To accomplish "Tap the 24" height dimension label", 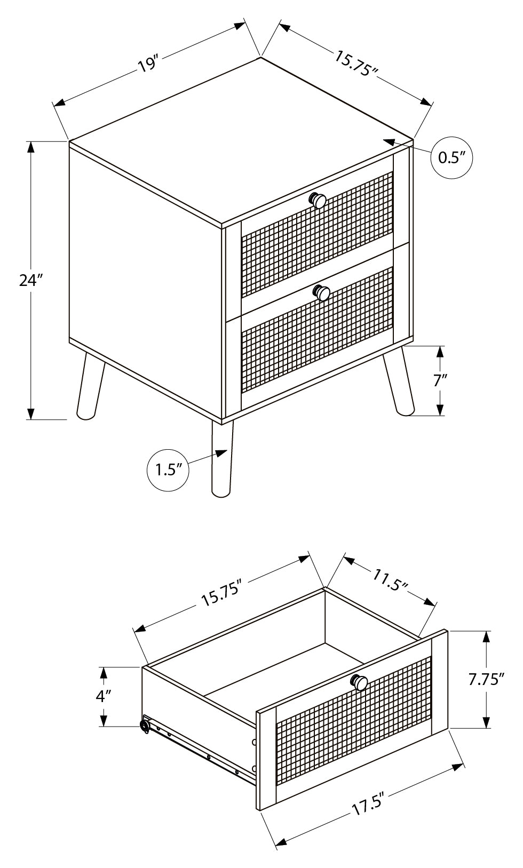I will coord(30,280).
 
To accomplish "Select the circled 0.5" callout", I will coord(452,157).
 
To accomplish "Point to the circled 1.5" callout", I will coord(168,469).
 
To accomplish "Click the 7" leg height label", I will coord(440,380).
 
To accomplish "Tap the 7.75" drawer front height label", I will coord(486,679).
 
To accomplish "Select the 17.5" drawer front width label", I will coord(368,802).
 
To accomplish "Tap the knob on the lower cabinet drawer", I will coord(322,292).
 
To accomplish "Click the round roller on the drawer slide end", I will coord(144,726).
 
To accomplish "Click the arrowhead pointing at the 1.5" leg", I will coord(221,453).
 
